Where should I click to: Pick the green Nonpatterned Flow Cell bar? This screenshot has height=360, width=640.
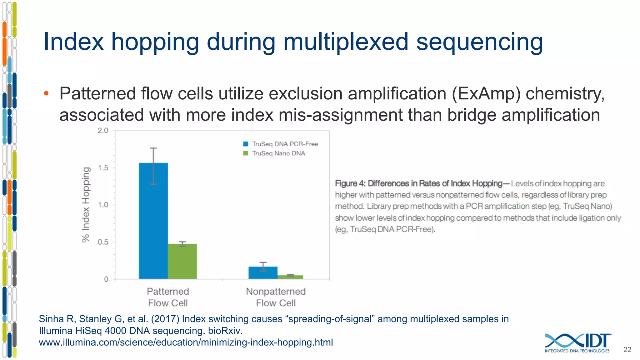290,277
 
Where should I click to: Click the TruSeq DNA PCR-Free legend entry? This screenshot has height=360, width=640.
280,144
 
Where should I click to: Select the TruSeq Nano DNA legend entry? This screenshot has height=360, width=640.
274,153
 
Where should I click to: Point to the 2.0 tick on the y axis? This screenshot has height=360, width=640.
103,131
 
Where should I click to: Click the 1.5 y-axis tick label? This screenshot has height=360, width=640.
103,168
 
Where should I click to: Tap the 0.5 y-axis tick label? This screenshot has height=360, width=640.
103,242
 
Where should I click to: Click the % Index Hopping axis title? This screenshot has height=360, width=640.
86,205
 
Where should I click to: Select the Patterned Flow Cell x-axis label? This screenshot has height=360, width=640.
168,297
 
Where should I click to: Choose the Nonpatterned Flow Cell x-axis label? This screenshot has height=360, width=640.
276,297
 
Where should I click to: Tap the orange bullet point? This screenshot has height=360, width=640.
46,93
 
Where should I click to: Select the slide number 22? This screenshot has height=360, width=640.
627,350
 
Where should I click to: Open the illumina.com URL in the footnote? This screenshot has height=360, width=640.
186,342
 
